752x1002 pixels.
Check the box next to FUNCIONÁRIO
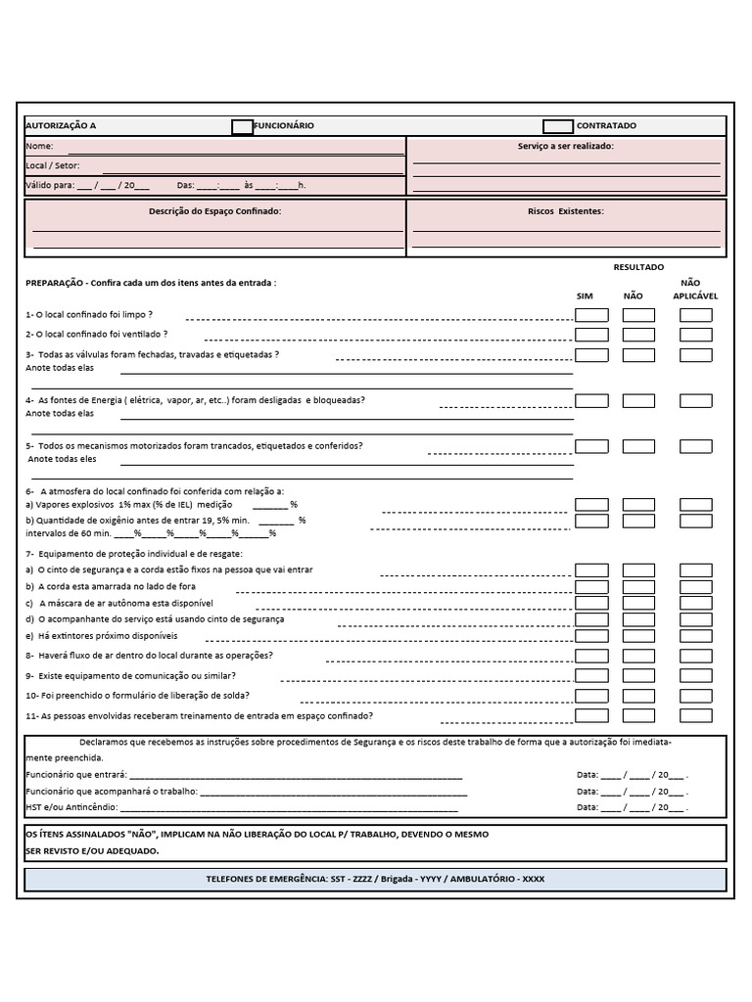pyautogui.click(x=242, y=126)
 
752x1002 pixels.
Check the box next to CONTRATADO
pyautogui.click(x=558, y=126)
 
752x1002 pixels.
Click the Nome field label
pyautogui.click(x=39, y=146)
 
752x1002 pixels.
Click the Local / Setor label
pyautogui.click(x=53, y=165)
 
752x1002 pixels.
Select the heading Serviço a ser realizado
pyautogui.click(x=566, y=146)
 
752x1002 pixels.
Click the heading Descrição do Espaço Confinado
pyautogui.click(x=214, y=210)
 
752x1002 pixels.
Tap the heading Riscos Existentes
pyautogui.click(x=566, y=210)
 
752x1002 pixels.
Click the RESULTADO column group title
pyautogui.click(x=638, y=267)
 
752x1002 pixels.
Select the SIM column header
pyautogui.click(x=585, y=295)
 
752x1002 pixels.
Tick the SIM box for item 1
pyautogui.click(x=591, y=315)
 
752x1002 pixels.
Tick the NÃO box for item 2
pyautogui.click(x=638, y=335)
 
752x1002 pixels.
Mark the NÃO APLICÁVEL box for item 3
pyautogui.click(x=696, y=355)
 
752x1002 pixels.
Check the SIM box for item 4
pyautogui.click(x=591, y=400)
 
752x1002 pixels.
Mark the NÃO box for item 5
pyautogui.click(x=638, y=446)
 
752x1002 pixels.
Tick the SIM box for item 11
pyautogui.click(x=591, y=716)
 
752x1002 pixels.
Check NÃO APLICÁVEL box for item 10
pyautogui.click(x=696, y=696)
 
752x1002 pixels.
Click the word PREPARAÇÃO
pyautogui.click(x=54, y=283)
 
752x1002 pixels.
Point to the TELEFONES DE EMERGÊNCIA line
pyautogui.click(x=375, y=879)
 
